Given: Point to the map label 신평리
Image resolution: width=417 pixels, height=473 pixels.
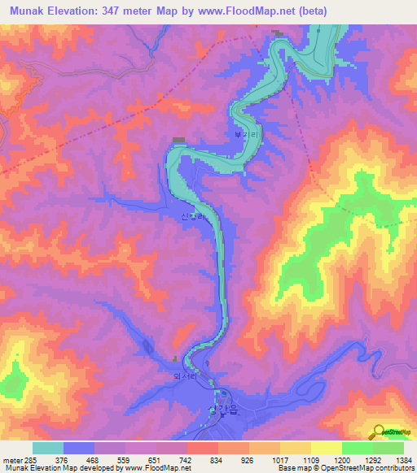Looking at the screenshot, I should pyautogui.click(x=192, y=217).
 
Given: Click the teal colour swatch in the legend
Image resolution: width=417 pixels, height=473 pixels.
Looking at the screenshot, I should pyautogui.click(x=47, y=448).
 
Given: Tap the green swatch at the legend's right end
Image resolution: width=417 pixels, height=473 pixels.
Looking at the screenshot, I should pyautogui.click(x=388, y=448).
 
